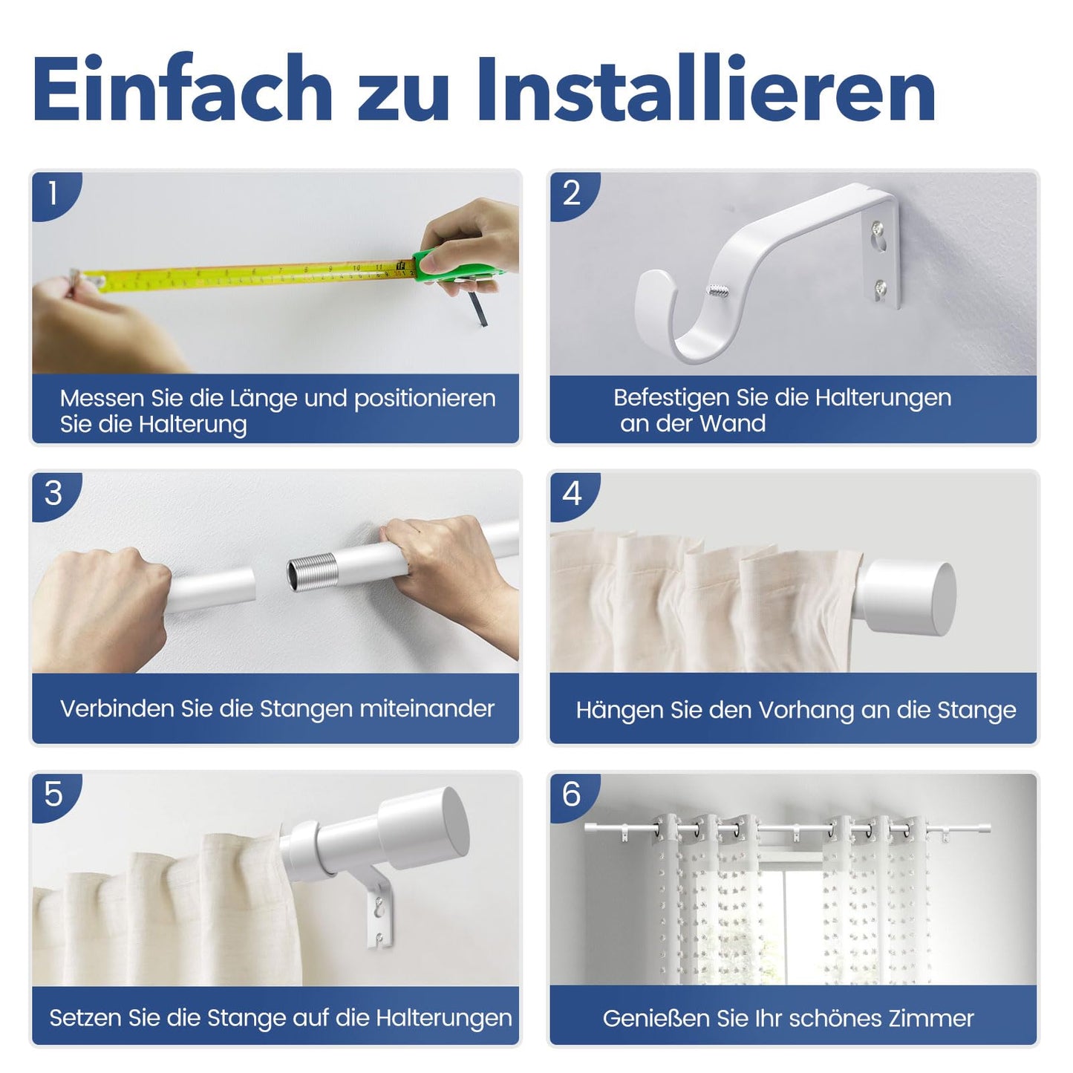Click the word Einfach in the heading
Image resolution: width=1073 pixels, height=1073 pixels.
182,88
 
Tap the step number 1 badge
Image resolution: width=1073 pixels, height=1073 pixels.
54,195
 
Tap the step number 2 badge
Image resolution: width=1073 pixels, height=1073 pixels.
573,195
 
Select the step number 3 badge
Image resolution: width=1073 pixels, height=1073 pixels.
54,495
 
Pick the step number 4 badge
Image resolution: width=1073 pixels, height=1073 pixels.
573,495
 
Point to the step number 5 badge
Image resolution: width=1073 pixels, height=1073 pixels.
54,796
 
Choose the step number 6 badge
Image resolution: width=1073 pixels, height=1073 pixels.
573,796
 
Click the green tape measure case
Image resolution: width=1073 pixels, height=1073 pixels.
454,267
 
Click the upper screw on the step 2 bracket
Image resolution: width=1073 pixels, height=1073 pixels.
878,227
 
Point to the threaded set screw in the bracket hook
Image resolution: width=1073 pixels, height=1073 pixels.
718,290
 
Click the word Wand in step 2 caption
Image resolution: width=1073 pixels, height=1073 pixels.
733,424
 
